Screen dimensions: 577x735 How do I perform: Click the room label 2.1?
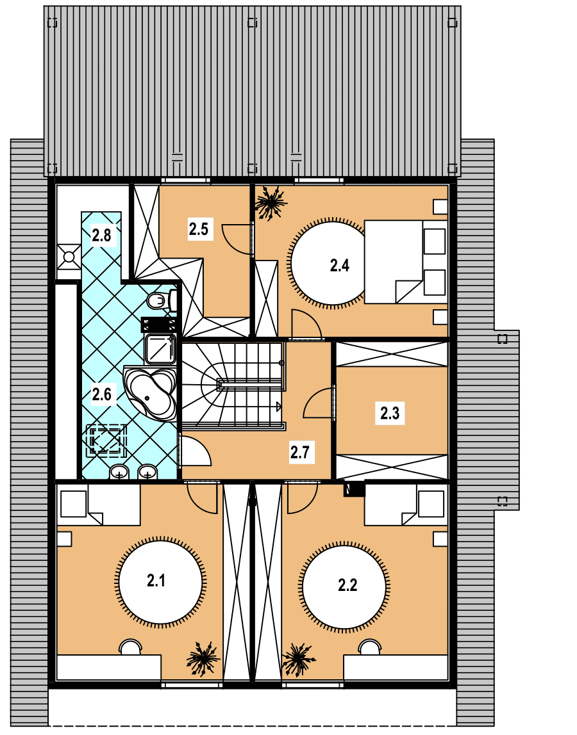click(x=156, y=581)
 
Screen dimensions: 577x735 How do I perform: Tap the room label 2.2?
click(x=347, y=585)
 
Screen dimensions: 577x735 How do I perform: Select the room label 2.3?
click(x=390, y=413)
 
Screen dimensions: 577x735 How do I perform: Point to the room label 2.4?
click(x=339, y=265)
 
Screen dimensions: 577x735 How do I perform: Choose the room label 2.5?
click(x=199, y=229)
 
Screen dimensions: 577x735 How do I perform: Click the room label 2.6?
click(x=101, y=394)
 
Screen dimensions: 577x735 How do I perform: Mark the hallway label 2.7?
click(x=299, y=453)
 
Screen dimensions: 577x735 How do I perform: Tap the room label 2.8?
click(x=101, y=234)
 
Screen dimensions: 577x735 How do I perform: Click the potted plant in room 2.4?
click(x=271, y=202)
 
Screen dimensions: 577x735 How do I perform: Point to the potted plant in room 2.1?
click(x=203, y=659)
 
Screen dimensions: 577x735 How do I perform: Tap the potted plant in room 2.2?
click(x=297, y=659)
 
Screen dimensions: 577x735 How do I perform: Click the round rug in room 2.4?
click(x=328, y=263)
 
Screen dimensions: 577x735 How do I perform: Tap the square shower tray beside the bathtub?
click(x=160, y=349)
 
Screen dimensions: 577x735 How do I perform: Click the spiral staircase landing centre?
click(x=220, y=384)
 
